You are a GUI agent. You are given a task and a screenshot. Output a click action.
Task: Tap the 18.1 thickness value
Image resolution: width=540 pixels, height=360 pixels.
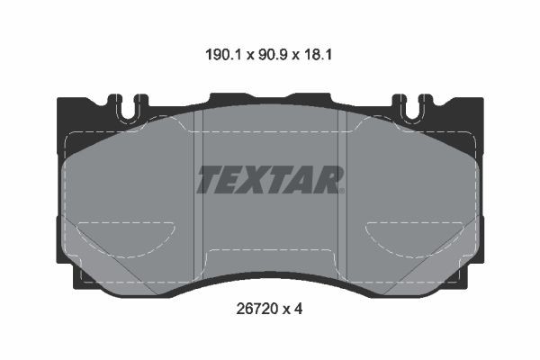(x=317, y=55)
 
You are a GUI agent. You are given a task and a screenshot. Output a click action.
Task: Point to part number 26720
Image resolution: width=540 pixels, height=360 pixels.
(x=256, y=309)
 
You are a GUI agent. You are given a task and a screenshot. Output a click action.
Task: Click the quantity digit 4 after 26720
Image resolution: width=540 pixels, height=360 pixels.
(x=298, y=309)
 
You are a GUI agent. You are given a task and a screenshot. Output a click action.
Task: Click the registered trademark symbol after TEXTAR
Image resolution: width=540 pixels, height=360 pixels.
(x=342, y=191)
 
